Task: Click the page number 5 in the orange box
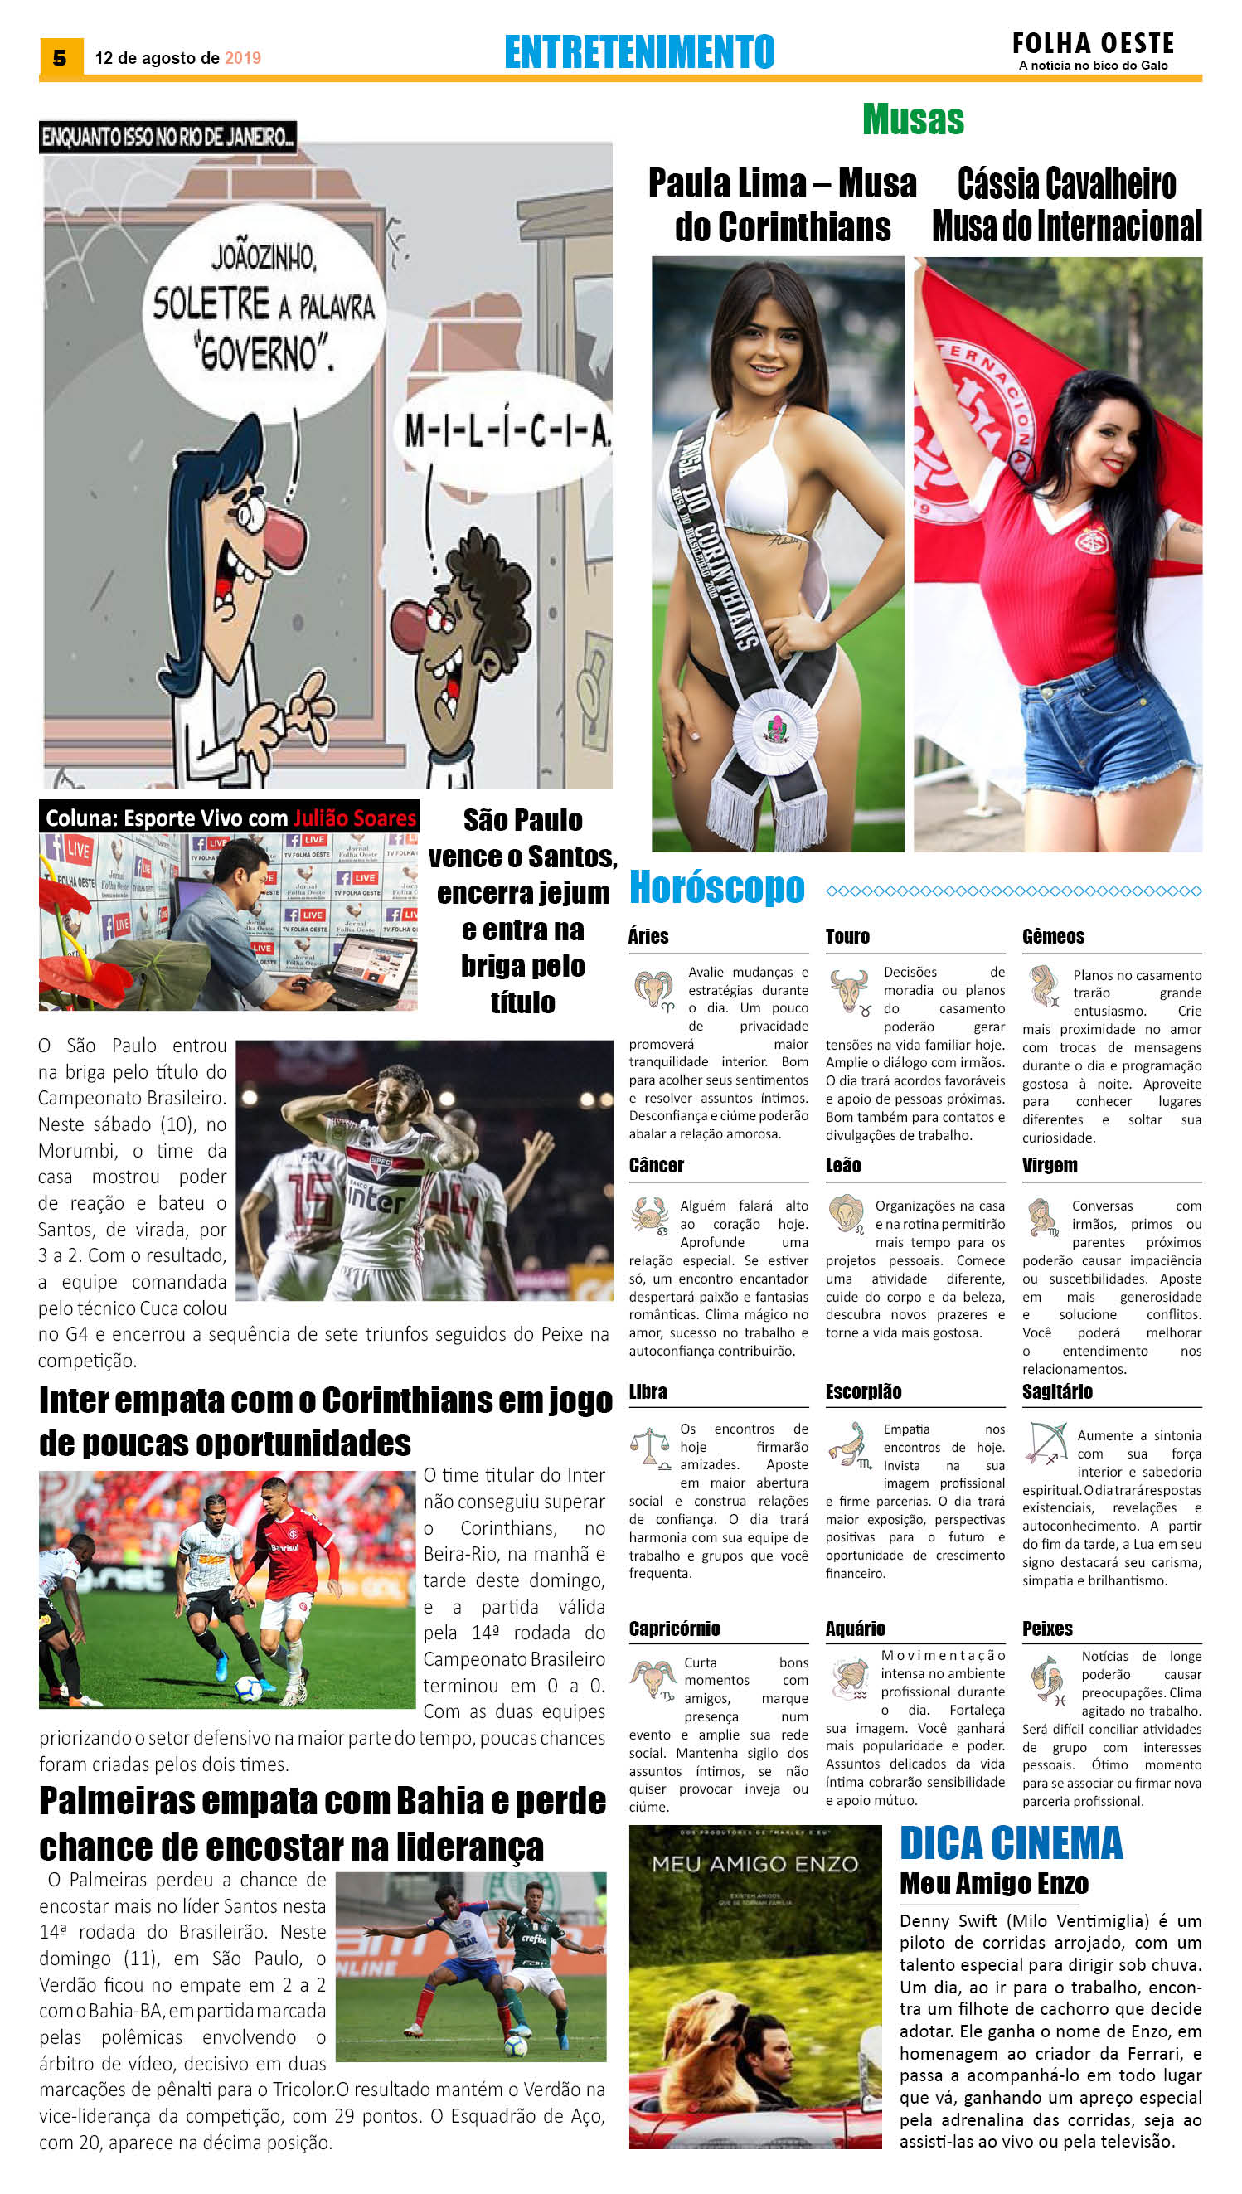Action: (x=60, y=58)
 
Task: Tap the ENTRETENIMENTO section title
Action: (x=639, y=52)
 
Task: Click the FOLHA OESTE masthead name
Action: (x=1093, y=42)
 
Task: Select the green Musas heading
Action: (x=913, y=119)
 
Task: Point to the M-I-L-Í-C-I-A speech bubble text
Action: (x=507, y=432)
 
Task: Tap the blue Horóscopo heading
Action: (x=716, y=888)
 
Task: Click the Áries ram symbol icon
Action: (x=653, y=989)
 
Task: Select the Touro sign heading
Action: (x=847, y=936)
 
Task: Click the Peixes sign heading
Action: (x=1046, y=1629)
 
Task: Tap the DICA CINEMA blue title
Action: (x=1011, y=1843)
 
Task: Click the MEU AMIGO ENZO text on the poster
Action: (x=755, y=1865)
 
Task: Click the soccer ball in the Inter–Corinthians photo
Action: (x=248, y=1689)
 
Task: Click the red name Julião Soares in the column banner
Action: (x=354, y=818)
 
